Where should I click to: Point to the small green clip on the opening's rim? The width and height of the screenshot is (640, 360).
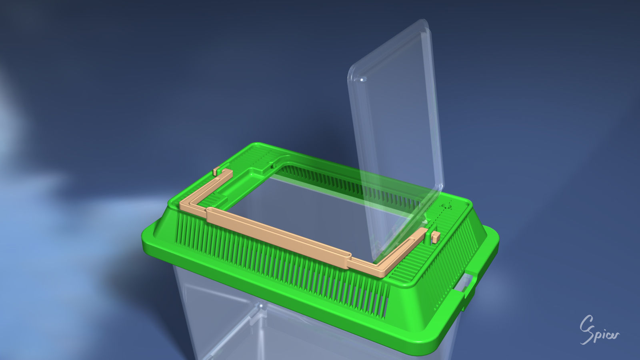coord(273,164)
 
